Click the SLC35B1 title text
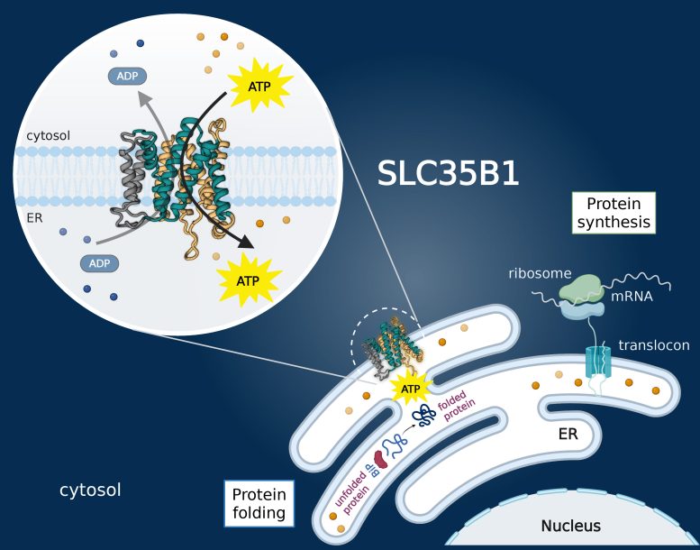point(449,173)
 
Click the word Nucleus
point(570,526)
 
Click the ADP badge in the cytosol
point(128,76)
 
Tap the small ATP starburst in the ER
point(411,390)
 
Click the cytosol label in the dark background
point(90,490)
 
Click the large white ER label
point(568,435)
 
